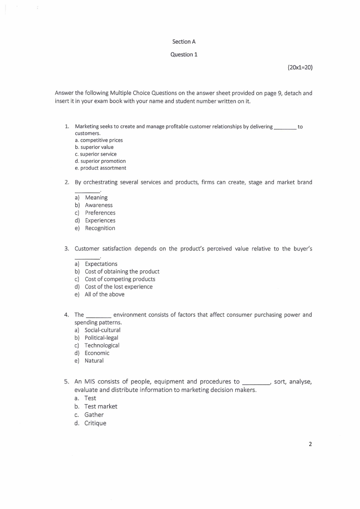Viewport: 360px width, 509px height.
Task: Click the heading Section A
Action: [184, 42]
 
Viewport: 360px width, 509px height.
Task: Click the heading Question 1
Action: [184, 54]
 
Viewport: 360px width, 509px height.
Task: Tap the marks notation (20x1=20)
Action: [300, 67]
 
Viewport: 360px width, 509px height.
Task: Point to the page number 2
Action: [310, 444]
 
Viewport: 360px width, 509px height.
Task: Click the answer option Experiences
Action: [100, 220]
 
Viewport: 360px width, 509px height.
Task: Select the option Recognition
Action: [100, 228]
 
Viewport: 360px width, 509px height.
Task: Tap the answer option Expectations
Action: [101, 264]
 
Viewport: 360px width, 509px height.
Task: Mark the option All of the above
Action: [104, 294]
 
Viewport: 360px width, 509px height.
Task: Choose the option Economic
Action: [97, 353]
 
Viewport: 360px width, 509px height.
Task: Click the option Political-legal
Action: [102, 338]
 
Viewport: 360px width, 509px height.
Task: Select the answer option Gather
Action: [94, 415]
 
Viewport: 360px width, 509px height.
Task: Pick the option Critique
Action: [95, 423]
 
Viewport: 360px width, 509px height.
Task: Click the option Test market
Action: [101, 406]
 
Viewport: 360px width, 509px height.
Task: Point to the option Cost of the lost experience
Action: [118, 287]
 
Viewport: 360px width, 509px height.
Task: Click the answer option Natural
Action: [94, 361]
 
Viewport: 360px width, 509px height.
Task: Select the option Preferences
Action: [100, 213]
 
